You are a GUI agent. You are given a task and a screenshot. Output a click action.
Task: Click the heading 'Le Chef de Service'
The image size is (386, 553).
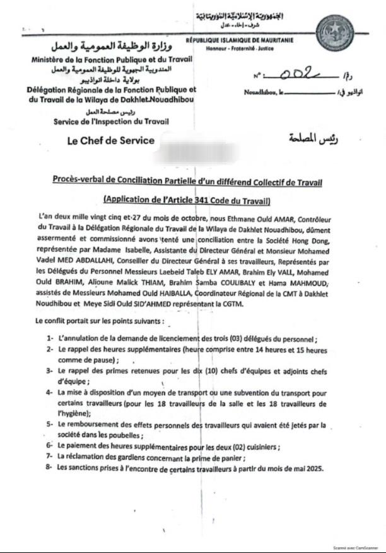click(x=111, y=140)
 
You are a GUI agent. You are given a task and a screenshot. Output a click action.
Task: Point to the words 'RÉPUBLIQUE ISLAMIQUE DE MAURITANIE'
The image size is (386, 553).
click(x=238, y=41)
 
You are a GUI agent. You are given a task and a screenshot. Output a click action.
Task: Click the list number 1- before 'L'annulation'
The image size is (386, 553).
click(x=49, y=339)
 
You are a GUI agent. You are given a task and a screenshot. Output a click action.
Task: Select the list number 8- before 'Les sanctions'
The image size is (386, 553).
click(x=49, y=468)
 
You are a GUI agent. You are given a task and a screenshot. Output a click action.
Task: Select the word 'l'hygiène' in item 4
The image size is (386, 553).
click(x=74, y=414)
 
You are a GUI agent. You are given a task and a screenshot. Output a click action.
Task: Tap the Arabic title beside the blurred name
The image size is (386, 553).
click(x=308, y=139)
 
